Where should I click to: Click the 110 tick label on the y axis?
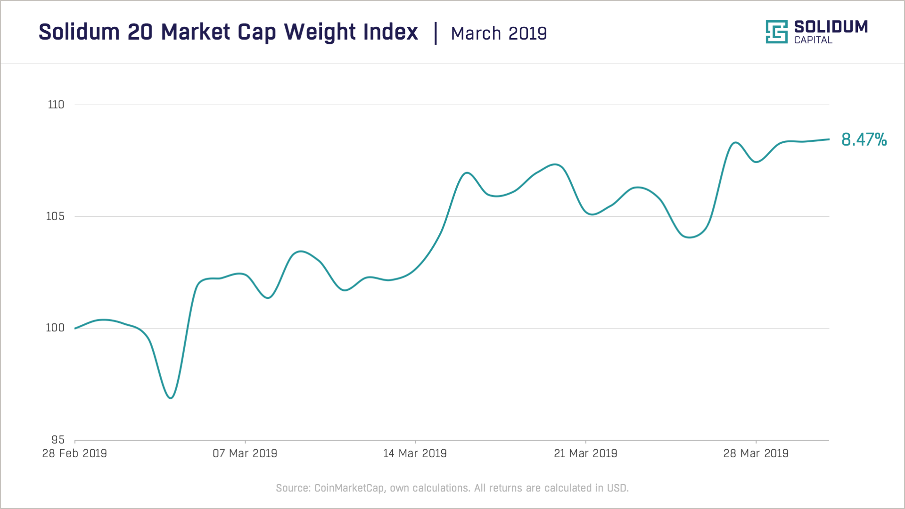56,105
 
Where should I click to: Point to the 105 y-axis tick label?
55,216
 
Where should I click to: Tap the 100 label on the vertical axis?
55,328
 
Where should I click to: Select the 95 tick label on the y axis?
58,440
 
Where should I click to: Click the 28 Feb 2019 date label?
74,453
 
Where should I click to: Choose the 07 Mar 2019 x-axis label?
245,453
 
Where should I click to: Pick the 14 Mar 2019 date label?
415,453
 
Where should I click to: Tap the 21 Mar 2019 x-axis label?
586,453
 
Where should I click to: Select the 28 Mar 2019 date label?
756,453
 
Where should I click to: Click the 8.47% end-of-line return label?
864,140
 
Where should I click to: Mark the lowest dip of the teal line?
171,398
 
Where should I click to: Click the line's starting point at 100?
75,328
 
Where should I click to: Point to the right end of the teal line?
829,139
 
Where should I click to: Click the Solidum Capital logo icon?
777,32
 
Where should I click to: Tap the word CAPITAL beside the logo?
813,40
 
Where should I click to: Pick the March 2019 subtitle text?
499,33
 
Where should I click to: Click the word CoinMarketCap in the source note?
349,488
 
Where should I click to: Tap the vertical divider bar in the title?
436,33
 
